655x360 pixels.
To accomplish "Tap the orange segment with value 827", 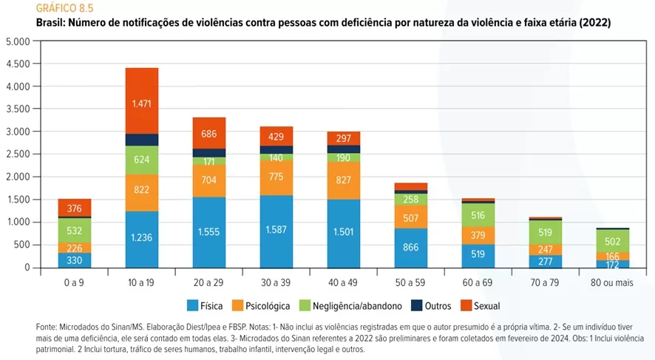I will (x=343, y=180).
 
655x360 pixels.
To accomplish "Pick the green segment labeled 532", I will (x=75, y=231).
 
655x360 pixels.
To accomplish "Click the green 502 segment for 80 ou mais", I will (x=612, y=240).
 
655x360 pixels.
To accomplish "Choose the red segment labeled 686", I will (x=209, y=133).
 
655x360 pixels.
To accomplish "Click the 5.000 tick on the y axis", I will (x=17, y=41).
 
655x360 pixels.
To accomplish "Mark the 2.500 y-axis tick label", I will (x=17, y=154).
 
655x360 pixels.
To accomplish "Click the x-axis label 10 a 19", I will (x=142, y=282).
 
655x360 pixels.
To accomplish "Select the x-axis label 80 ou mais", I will (x=612, y=282).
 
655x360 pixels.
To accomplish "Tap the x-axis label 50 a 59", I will (x=410, y=282).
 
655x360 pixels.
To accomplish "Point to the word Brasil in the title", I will (x=50, y=23).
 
